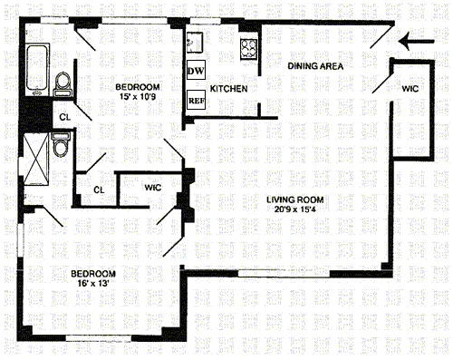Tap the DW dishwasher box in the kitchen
click(195, 71)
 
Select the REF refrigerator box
click(195, 101)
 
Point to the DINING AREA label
click(315, 66)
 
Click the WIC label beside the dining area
click(412, 88)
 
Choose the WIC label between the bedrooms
click(154, 189)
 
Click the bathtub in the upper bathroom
click(37, 69)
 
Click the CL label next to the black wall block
click(64, 117)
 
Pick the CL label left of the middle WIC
click(99, 190)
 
